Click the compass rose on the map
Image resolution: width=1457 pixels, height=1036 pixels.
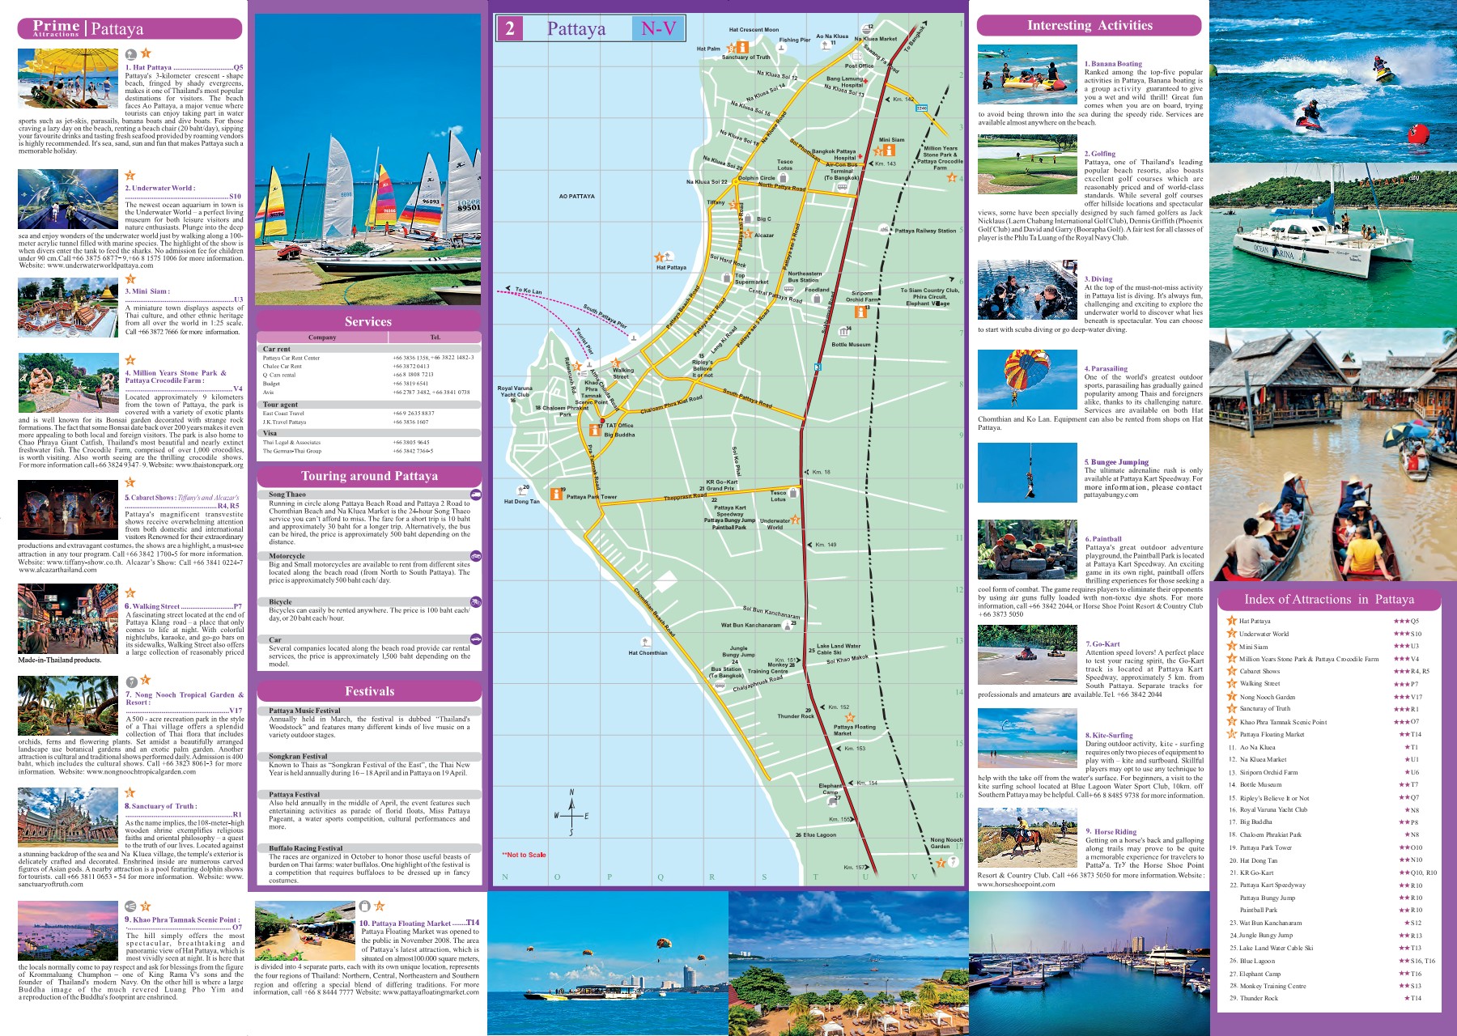click(571, 813)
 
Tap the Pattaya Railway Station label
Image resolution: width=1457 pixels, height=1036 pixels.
click(925, 231)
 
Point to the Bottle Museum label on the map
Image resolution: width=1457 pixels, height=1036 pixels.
click(851, 344)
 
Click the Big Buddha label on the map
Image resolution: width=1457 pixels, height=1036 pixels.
click(619, 435)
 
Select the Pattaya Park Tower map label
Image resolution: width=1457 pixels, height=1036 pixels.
click(591, 497)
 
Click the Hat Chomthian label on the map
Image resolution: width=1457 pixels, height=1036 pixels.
click(648, 652)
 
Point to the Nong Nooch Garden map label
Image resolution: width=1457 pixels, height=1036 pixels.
click(946, 843)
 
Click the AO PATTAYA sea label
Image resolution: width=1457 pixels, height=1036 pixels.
click(576, 196)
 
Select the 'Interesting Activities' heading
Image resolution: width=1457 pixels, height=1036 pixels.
click(1089, 25)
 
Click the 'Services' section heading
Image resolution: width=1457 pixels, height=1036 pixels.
click(368, 321)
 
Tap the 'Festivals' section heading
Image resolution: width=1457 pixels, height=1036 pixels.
click(369, 691)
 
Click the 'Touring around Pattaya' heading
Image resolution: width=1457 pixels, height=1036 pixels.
click(369, 476)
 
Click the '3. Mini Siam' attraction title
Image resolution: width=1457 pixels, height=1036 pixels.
click(147, 291)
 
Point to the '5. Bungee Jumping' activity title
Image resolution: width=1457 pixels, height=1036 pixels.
click(1116, 462)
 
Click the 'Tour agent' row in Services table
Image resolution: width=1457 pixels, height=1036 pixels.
click(280, 405)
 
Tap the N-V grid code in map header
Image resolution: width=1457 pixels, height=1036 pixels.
click(658, 29)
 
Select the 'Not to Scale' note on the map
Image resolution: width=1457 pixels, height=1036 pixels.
click(524, 855)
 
